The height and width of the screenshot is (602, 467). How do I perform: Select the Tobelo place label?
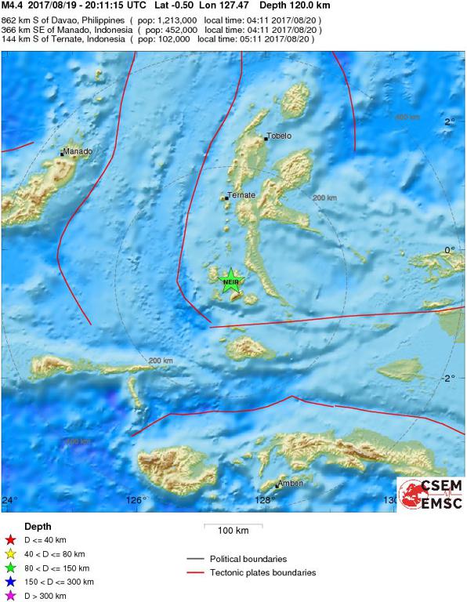click(x=280, y=136)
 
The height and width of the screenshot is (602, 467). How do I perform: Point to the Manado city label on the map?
click(x=78, y=151)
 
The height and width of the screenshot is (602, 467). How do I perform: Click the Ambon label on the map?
click(x=291, y=483)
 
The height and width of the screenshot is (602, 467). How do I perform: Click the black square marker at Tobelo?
click(x=266, y=139)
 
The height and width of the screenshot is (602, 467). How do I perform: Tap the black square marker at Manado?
click(x=62, y=154)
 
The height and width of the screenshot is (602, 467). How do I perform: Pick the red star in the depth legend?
click(x=10, y=539)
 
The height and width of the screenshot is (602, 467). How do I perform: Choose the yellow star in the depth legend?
click(x=10, y=553)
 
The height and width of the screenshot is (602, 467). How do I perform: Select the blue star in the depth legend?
click(x=10, y=582)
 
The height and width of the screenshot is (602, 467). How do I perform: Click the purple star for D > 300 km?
click(x=10, y=596)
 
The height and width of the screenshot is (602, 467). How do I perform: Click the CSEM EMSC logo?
click(x=430, y=495)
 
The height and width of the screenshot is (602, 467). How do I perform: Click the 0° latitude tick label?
click(x=450, y=250)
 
